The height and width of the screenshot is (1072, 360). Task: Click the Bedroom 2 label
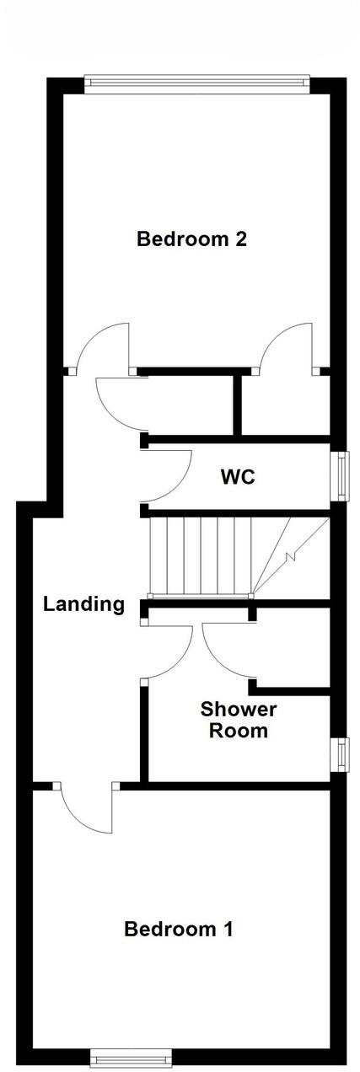point(191,239)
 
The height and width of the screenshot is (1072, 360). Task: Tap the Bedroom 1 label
point(178,930)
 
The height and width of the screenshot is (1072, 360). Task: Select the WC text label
point(238,477)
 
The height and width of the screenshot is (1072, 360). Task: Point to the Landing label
point(84,603)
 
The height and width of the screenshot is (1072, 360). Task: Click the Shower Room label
point(239,720)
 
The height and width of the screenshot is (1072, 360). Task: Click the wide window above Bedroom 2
point(197,82)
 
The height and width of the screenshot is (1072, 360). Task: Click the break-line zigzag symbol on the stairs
point(291,556)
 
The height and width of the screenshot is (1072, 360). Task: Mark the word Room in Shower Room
point(239,731)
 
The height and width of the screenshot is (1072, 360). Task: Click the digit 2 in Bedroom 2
point(241,239)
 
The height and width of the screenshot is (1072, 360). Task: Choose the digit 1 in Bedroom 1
point(227,930)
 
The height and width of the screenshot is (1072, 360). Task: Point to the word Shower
point(239,709)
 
